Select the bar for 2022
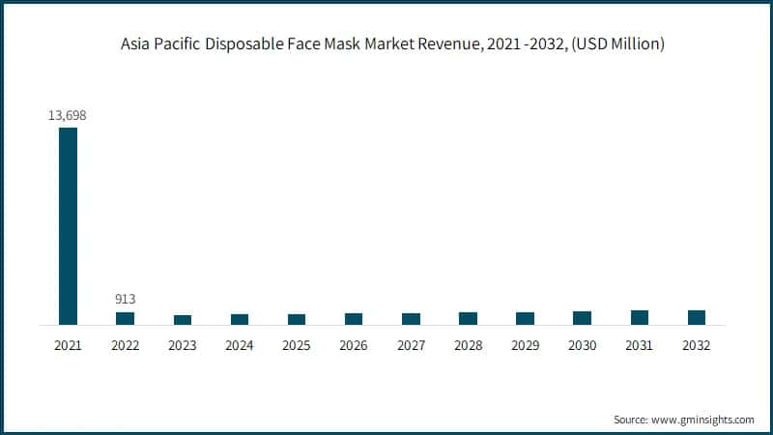point(125,318)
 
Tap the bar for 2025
point(297,319)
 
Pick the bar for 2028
point(468,318)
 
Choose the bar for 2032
point(696,317)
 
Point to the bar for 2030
point(582,318)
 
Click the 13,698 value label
point(68,115)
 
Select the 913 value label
point(125,298)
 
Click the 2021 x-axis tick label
point(68,345)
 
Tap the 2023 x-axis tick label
point(182,345)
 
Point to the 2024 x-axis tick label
point(240,345)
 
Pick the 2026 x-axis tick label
point(354,345)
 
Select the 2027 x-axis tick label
point(411,345)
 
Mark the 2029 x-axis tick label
point(525,345)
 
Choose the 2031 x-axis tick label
point(639,345)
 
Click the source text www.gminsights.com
point(701,420)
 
